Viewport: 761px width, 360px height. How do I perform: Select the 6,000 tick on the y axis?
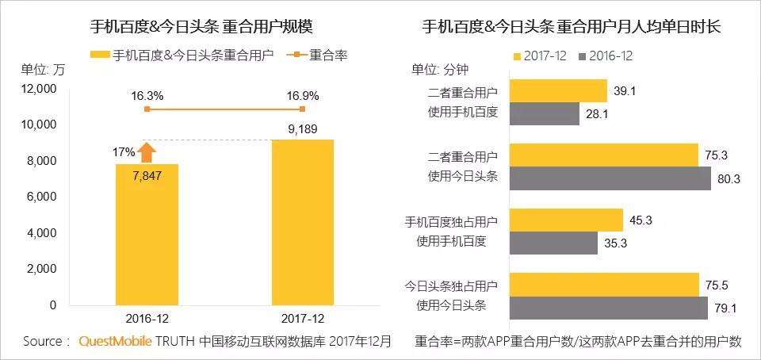(40, 197)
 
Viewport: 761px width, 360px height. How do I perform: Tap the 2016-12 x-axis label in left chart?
(147, 320)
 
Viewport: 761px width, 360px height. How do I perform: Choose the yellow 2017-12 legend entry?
(544, 56)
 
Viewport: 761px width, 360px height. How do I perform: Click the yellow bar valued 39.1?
(557, 91)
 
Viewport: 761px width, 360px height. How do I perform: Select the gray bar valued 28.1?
(545, 113)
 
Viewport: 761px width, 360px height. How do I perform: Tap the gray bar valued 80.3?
(610, 178)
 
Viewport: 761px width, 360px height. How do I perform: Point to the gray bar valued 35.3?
(553, 243)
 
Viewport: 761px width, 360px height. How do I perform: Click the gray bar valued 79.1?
(608, 308)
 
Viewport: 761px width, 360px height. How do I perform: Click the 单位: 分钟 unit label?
(441, 68)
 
